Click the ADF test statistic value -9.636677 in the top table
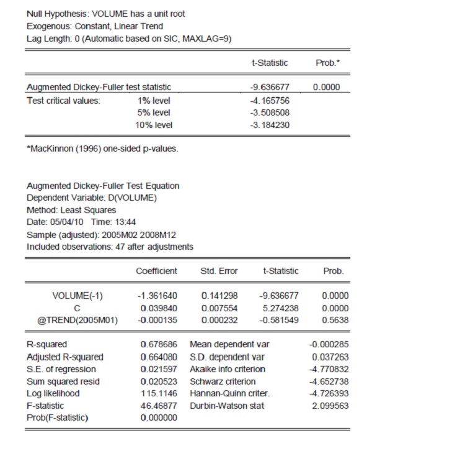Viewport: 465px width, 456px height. click(x=269, y=88)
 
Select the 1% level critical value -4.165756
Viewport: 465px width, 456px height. click(x=269, y=100)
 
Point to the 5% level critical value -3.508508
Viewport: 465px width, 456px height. click(x=269, y=112)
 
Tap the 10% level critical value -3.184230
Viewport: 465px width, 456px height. click(x=269, y=125)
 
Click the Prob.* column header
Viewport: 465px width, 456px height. click(x=327, y=63)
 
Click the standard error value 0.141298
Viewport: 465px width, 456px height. click(x=219, y=296)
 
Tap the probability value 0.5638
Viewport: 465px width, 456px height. click(x=335, y=320)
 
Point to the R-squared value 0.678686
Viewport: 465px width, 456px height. click(x=159, y=344)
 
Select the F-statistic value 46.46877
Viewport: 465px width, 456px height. click(x=159, y=406)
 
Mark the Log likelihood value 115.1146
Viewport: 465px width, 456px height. click(x=159, y=393)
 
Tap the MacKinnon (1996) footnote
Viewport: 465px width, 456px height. click(x=102, y=148)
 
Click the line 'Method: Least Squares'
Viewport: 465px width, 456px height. click(x=71, y=210)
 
